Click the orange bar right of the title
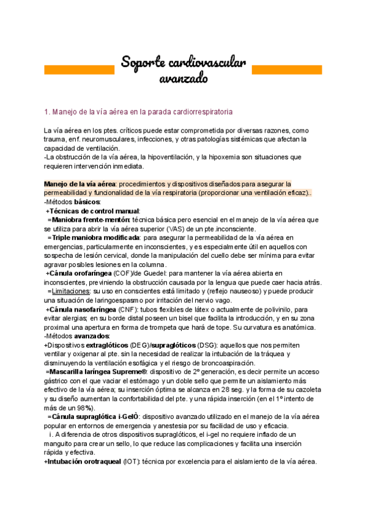pos(287,70)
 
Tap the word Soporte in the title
pos(147,62)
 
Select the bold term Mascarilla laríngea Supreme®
pos(98,371)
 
